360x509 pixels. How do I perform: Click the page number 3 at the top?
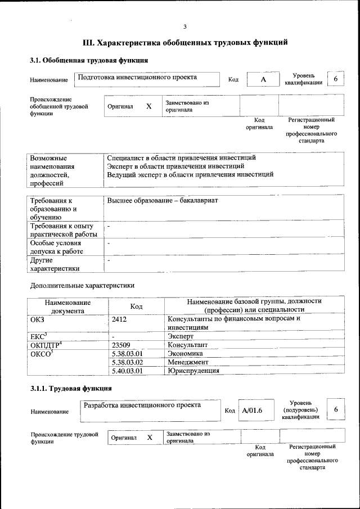(x=185, y=26)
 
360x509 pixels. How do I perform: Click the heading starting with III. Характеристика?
(x=185, y=42)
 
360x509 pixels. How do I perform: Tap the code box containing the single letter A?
(x=263, y=80)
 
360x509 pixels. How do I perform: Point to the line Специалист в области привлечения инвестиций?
(x=181, y=158)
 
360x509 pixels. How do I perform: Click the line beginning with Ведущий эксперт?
(x=190, y=174)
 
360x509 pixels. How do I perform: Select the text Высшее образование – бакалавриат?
(x=162, y=200)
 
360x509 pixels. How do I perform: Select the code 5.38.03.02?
(x=128, y=362)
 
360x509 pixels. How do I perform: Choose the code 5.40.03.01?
(x=128, y=371)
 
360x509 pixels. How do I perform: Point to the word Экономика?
(x=184, y=353)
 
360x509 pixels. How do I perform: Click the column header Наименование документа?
(x=67, y=306)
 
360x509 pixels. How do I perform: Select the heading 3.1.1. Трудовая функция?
(x=71, y=389)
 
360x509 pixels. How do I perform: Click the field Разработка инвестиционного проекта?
(x=142, y=405)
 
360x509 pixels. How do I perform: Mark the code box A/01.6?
(x=253, y=411)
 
